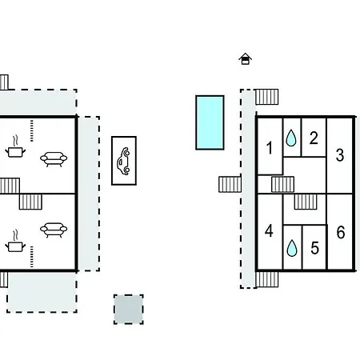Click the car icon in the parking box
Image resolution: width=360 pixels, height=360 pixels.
(x=124, y=161)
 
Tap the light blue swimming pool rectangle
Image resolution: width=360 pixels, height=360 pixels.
(x=210, y=122)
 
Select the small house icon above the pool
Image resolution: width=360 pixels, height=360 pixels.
(x=246, y=59)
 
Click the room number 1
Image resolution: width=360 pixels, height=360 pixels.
(x=270, y=148)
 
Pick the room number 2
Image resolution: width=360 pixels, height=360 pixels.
(x=314, y=138)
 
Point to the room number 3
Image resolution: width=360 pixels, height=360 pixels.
(x=340, y=155)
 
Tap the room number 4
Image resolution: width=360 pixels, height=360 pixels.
(x=269, y=231)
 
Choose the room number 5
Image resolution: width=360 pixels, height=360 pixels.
(x=314, y=248)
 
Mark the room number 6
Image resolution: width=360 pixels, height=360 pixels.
(x=341, y=232)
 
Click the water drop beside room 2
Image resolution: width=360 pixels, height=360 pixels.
(x=291, y=138)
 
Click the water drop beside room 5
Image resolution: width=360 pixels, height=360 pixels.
(x=292, y=248)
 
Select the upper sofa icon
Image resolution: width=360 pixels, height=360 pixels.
(x=54, y=159)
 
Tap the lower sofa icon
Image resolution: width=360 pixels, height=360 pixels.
(x=54, y=230)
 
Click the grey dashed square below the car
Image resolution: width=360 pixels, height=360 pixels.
(x=129, y=310)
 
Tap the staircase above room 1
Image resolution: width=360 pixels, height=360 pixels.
(x=267, y=97)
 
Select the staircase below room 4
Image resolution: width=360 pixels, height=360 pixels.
(x=267, y=279)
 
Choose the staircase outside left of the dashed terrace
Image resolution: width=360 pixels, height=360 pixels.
(x=230, y=184)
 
